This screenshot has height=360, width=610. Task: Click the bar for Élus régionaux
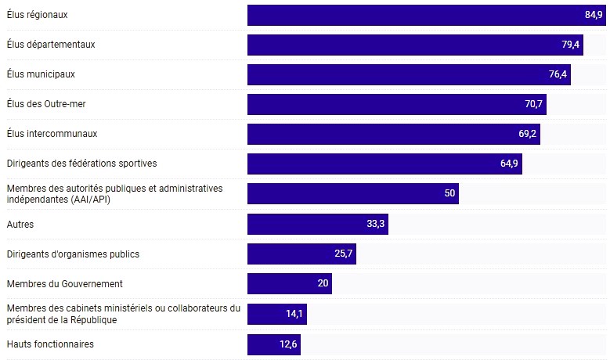(423, 15)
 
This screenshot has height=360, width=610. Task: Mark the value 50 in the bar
(449, 194)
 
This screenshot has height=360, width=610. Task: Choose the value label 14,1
(294, 315)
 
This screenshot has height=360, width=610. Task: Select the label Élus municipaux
(41, 74)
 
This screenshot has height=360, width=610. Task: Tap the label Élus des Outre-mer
(46, 104)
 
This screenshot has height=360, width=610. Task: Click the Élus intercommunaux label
(52, 134)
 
